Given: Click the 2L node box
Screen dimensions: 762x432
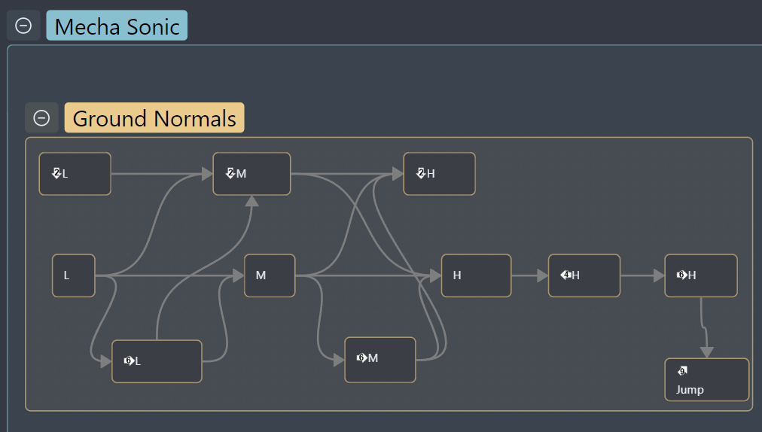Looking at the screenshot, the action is click(75, 174).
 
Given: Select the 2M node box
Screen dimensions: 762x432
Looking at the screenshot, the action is click(251, 174).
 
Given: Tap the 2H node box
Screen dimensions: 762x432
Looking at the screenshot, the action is click(439, 174).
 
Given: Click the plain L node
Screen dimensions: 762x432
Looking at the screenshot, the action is click(73, 275).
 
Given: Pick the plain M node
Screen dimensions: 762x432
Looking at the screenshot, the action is click(270, 275).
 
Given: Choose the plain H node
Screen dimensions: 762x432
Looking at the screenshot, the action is click(476, 275).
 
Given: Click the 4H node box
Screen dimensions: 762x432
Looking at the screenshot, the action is click(584, 275).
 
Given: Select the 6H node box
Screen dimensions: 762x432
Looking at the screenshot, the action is click(701, 275).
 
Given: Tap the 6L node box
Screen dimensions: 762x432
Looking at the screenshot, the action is click(157, 361).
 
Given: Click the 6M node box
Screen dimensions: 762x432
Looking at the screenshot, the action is click(380, 360).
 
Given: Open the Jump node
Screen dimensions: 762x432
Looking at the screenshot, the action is click(706, 379).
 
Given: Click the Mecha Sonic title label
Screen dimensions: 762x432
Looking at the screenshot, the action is click(117, 26).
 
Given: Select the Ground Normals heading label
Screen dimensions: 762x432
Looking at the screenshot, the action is click(154, 117).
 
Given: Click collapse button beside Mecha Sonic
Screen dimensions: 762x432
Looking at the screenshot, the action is click(23, 26).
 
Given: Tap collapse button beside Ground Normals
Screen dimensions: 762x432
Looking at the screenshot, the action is click(41, 117).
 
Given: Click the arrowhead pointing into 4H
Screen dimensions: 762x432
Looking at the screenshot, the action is click(543, 275).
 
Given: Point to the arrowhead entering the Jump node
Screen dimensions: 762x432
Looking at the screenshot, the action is click(706, 352).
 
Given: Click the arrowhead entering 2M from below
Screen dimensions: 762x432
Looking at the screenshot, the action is click(251, 201).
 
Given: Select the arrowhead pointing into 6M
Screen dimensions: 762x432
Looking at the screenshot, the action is click(339, 360).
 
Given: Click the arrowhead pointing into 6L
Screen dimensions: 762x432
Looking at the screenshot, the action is click(106, 361).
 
